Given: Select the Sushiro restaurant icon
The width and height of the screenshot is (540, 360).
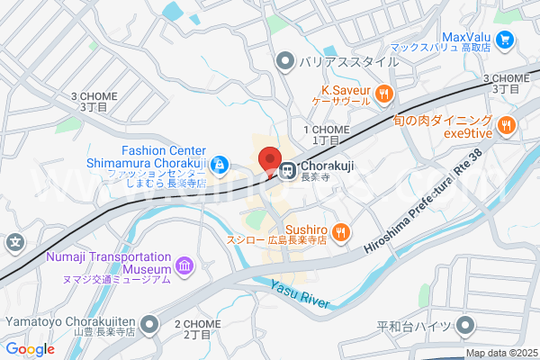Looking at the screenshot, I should point(340,233).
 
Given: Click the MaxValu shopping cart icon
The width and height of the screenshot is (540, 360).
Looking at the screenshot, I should point(505,39).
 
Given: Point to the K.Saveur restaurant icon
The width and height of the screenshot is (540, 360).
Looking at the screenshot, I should point(384,92).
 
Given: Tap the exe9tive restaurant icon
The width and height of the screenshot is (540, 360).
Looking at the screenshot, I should point(506,125).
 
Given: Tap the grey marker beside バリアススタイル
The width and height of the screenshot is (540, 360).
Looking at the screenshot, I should point(285,61).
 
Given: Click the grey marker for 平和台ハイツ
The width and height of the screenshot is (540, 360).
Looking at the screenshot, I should point(465,326).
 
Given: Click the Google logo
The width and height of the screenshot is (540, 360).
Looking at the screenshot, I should point(30,348).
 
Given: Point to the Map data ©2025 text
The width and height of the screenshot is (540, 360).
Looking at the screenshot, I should point(499,353).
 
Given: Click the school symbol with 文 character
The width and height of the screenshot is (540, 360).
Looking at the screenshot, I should point(15,242).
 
